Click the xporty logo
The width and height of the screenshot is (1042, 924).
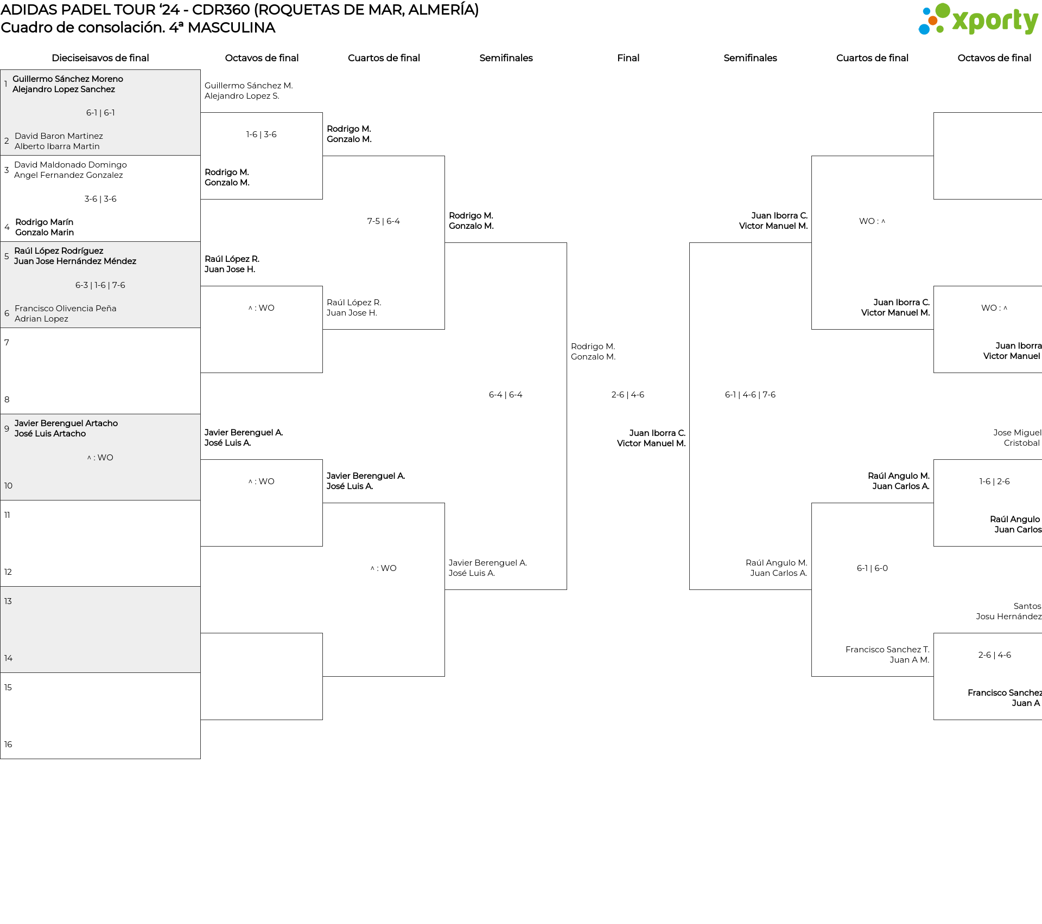(978, 20)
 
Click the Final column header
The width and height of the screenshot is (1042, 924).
(628, 58)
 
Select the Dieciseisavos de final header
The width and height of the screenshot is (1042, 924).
(100, 58)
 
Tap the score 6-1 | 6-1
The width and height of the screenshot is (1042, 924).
(100, 113)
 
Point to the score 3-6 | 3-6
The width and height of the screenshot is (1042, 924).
(100, 199)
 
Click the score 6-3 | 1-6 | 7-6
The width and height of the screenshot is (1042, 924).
(100, 285)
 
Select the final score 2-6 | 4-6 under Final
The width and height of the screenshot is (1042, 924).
(628, 395)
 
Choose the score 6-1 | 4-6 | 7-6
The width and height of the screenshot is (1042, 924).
(750, 395)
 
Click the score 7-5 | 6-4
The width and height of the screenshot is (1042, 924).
(384, 221)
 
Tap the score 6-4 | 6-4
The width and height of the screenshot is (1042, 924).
(506, 395)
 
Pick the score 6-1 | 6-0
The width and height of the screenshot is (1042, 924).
(872, 568)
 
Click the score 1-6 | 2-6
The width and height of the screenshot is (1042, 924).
(994, 482)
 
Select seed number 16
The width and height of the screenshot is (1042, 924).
(8, 745)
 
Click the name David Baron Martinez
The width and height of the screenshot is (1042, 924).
(59, 136)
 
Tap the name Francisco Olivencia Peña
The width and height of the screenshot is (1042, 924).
(65, 309)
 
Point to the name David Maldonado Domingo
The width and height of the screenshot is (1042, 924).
(71, 165)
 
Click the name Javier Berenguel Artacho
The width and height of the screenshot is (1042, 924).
(66, 424)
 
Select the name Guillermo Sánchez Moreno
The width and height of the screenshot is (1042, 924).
(68, 79)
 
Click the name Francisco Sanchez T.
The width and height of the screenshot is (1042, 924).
(887, 650)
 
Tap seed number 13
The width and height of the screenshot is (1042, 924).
(8, 601)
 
